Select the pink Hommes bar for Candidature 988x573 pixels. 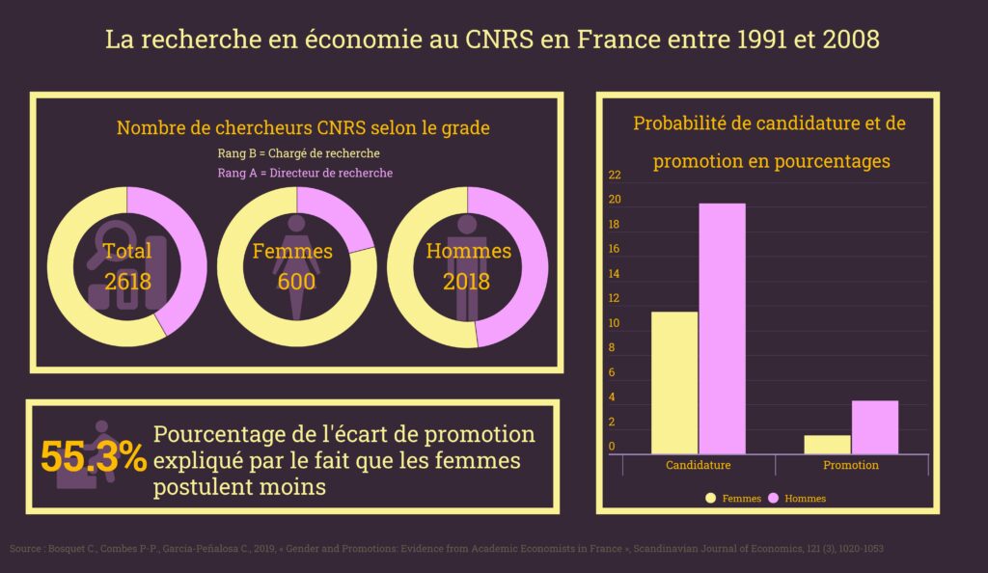722,328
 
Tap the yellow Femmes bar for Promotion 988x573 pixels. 827,444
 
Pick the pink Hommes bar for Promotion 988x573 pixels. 874,426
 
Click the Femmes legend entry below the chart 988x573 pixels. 732,499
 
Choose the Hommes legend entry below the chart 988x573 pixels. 797,499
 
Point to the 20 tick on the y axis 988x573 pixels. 615,201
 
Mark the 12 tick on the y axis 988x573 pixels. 615,299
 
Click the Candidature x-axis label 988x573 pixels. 698,465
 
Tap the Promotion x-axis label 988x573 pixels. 850,465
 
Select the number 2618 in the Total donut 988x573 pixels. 128,282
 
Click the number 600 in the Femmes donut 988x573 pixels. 296,282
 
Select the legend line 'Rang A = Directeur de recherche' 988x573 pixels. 305,173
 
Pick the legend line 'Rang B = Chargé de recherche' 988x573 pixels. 298,153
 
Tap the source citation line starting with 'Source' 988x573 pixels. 446,548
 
